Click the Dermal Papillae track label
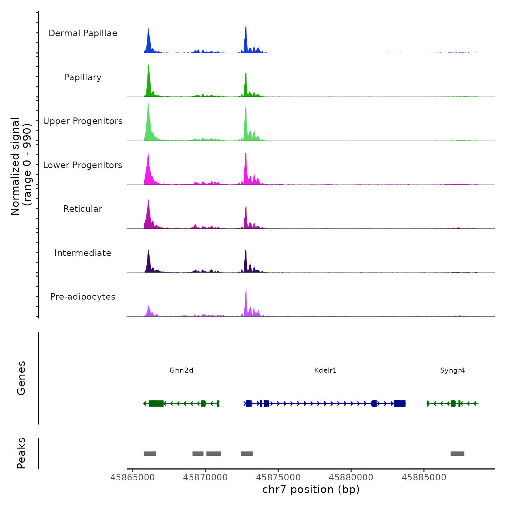(83, 33)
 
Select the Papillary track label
(83, 77)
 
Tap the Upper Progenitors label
(83, 121)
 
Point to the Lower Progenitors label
(83, 165)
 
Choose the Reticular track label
(83, 209)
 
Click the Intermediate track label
(83, 253)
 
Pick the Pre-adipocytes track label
(83, 297)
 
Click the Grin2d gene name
(181, 370)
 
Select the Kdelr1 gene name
(325, 370)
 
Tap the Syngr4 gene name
(453, 370)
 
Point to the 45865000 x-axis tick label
(133, 477)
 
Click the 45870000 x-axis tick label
(205, 477)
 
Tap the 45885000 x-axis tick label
(424, 477)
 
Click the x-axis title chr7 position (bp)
(311, 489)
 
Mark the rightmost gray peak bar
(457, 454)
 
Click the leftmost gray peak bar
(150, 454)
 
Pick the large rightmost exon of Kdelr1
(400, 403)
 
